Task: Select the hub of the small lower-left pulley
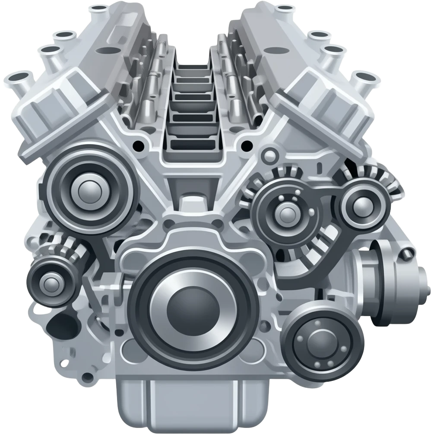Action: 51,283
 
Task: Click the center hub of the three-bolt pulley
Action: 286,212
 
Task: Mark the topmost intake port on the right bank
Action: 284,8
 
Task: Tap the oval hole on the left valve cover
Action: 104,51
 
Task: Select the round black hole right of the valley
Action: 247,144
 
